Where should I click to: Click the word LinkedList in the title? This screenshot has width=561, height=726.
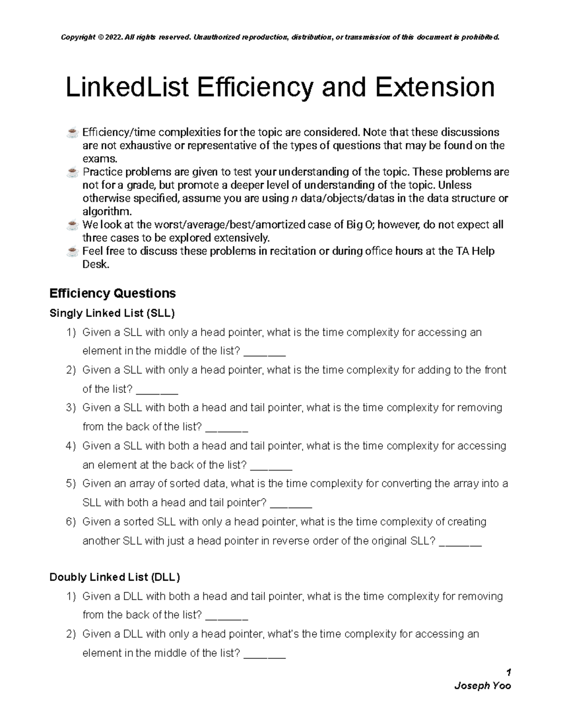tap(127, 88)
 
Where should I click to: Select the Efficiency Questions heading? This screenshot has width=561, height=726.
tap(112, 294)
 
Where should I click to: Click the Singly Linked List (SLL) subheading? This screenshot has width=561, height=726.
tap(112, 313)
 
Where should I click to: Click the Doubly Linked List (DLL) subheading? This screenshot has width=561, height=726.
tap(115, 577)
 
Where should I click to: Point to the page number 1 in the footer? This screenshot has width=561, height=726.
tap(508, 672)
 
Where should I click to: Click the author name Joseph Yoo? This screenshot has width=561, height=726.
tap(482, 686)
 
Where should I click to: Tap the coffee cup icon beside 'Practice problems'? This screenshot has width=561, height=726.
tap(72, 173)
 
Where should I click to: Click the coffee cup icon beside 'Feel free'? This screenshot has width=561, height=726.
tap(72, 252)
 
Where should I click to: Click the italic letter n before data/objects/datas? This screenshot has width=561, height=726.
tap(294, 199)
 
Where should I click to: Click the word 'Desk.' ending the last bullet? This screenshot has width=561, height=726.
tap(96, 265)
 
